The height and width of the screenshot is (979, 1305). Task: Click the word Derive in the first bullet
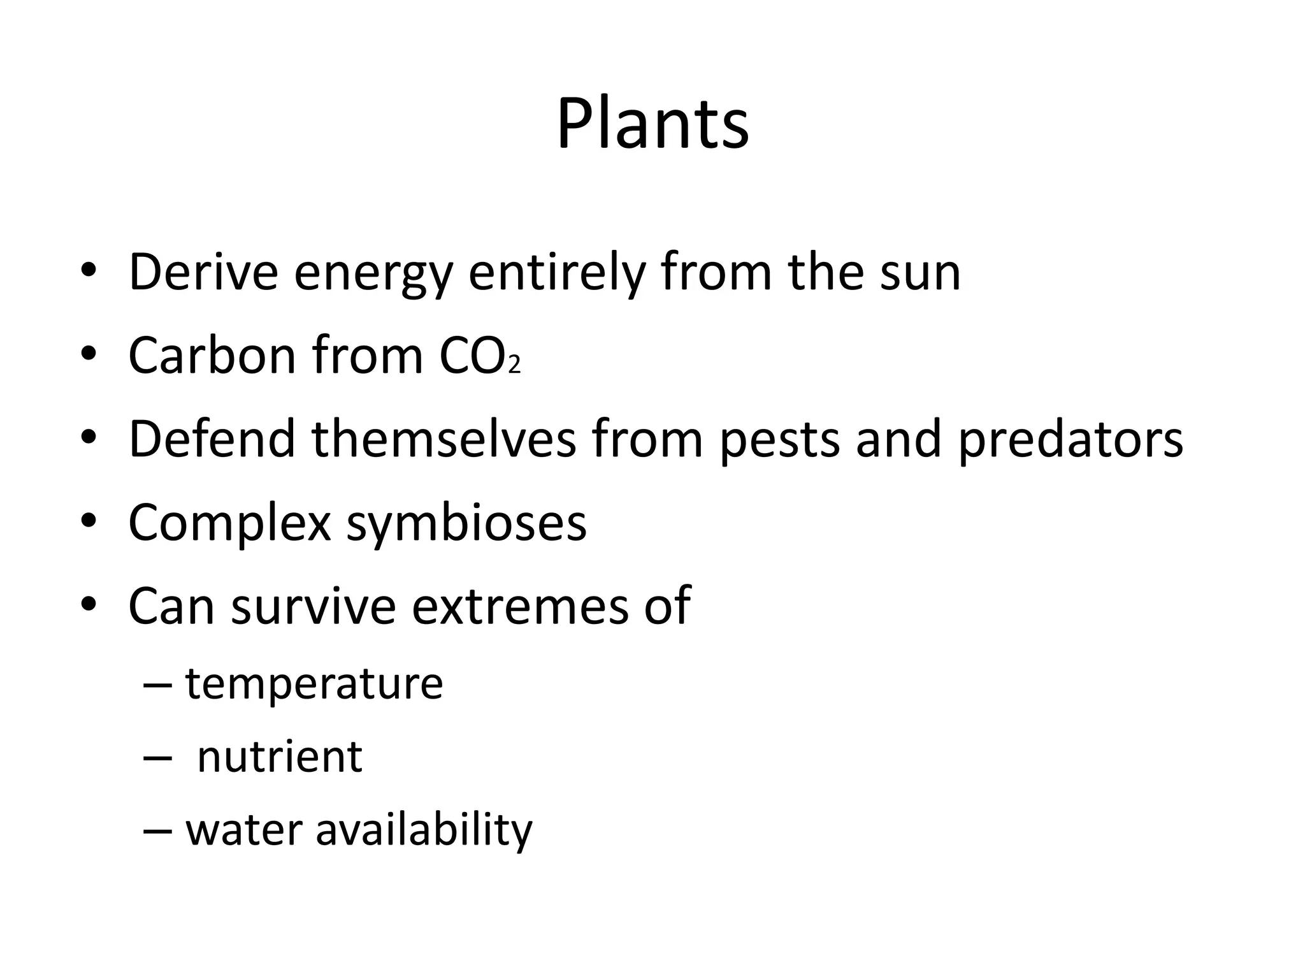coord(203,273)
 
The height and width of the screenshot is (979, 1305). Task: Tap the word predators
coord(1071,440)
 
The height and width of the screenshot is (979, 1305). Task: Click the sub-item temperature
coord(314,684)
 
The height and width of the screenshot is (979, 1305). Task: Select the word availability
coord(424,831)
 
